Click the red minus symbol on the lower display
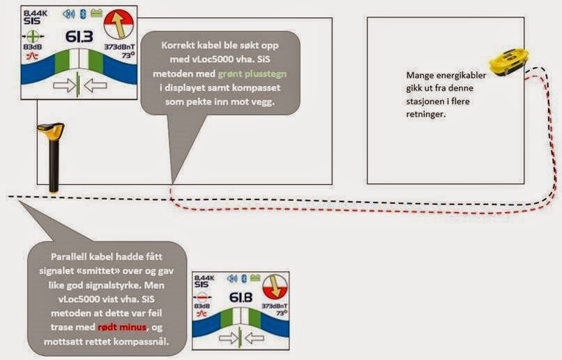point(202,296)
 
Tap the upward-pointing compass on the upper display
point(116,26)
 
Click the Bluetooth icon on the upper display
point(81,13)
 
